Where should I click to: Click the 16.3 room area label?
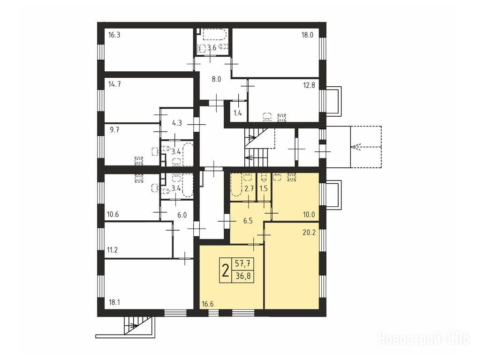pos(114,35)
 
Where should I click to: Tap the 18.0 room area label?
pos(307,35)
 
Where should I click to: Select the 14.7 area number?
pos(114,84)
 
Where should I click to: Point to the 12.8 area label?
pos(309,85)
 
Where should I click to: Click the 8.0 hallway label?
pos(216,79)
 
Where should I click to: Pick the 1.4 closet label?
pos(238,113)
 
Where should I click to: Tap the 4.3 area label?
pos(177,123)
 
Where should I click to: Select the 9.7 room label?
pos(114,130)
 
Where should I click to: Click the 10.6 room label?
pos(113,215)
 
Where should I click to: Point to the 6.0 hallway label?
pos(182,216)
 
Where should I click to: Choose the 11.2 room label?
pos(112,250)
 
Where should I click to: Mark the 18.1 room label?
pos(114,302)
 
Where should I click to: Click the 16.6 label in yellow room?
pos(207,304)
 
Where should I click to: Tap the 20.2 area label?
pos(309,232)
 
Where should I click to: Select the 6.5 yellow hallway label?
pos(248,221)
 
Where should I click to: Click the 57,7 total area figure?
pos(242,264)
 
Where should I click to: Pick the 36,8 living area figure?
pos(242,277)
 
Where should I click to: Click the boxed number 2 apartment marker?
pos(226,270)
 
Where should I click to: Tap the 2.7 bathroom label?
pos(249,188)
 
